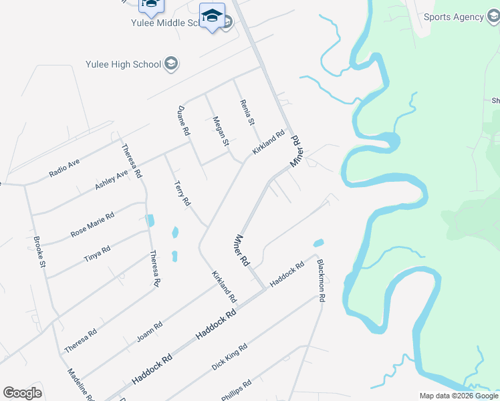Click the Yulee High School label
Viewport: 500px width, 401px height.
(123, 64)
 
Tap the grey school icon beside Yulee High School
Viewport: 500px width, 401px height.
(172, 64)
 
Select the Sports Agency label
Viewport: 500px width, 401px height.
(453, 17)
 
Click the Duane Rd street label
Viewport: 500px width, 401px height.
(183, 121)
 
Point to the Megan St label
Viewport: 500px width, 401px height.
(221, 131)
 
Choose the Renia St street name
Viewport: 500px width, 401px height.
(247, 112)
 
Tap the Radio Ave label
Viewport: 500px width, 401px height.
(64, 168)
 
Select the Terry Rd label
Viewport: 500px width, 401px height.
(182, 192)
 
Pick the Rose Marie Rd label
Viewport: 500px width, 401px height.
(92, 225)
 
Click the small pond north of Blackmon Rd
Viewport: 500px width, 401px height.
(319, 243)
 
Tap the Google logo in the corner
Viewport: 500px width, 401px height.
(23, 393)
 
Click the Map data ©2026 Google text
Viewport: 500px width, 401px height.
(459, 396)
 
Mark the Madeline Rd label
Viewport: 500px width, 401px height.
(81, 385)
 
